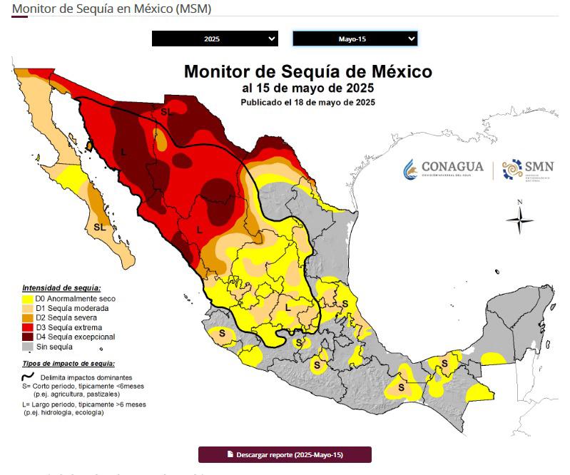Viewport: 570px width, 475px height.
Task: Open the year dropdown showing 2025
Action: click(214, 39)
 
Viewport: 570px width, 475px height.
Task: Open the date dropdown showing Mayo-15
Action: click(355, 39)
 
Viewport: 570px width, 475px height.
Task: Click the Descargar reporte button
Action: click(285, 454)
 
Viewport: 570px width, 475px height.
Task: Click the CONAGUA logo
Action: click(443, 168)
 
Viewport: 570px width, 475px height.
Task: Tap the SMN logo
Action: click(528, 169)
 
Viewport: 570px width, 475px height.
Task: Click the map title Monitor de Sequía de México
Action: click(307, 72)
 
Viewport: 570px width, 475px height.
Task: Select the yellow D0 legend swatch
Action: click(28, 299)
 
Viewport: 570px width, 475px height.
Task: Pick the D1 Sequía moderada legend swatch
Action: click(28, 308)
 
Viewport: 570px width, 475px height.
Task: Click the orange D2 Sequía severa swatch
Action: click(28, 318)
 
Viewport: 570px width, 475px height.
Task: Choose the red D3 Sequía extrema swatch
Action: click(28, 327)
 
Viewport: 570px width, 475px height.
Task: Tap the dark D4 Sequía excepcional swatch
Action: click(28, 337)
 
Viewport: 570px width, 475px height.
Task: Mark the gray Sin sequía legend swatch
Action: click(28, 347)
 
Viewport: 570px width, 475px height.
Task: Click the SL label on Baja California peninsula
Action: click(99, 227)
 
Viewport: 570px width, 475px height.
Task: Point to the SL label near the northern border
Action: click(166, 112)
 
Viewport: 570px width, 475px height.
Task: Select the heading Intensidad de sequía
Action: click(61, 287)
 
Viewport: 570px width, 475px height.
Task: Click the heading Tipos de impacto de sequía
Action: click(68, 364)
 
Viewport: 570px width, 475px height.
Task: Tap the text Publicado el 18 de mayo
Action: click(307, 102)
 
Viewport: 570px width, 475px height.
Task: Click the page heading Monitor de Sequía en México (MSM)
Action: click(111, 8)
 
